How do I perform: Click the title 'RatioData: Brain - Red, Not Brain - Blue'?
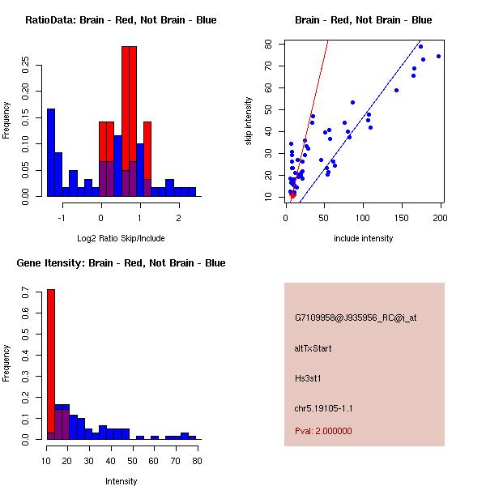click(121, 20)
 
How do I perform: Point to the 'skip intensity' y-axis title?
click(249, 122)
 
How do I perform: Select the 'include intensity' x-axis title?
click(363, 238)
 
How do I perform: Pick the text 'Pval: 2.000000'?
click(323, 431)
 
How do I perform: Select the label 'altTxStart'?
click(313, 348)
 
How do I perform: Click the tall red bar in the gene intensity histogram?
click(50, 364)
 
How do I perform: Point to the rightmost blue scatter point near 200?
click(438, 56)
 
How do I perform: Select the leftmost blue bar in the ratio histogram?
click(51, 152)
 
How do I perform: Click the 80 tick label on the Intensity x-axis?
click(197, 460)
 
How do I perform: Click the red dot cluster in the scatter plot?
click(292, 194)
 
